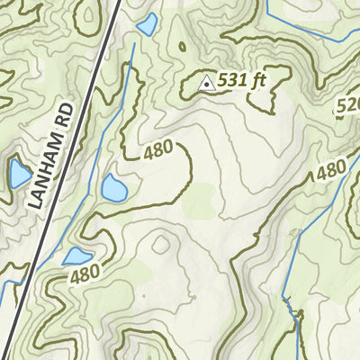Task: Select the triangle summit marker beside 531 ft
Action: tap(206, 83)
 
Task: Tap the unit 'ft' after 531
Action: tap(259, 80)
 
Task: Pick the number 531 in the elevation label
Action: tap(232, 82)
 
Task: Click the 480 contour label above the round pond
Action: tap(158, 153)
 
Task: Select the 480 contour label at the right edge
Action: tap(330, 170)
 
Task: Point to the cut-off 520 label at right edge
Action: tap(347, 107)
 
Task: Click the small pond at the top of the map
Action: tap(146, 24)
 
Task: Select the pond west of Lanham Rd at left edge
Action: tap(18, 174)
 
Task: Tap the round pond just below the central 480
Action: tap(113, 188)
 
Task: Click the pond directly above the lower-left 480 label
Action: tap(77, 256)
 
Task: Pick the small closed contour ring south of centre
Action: tap(162, 244)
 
